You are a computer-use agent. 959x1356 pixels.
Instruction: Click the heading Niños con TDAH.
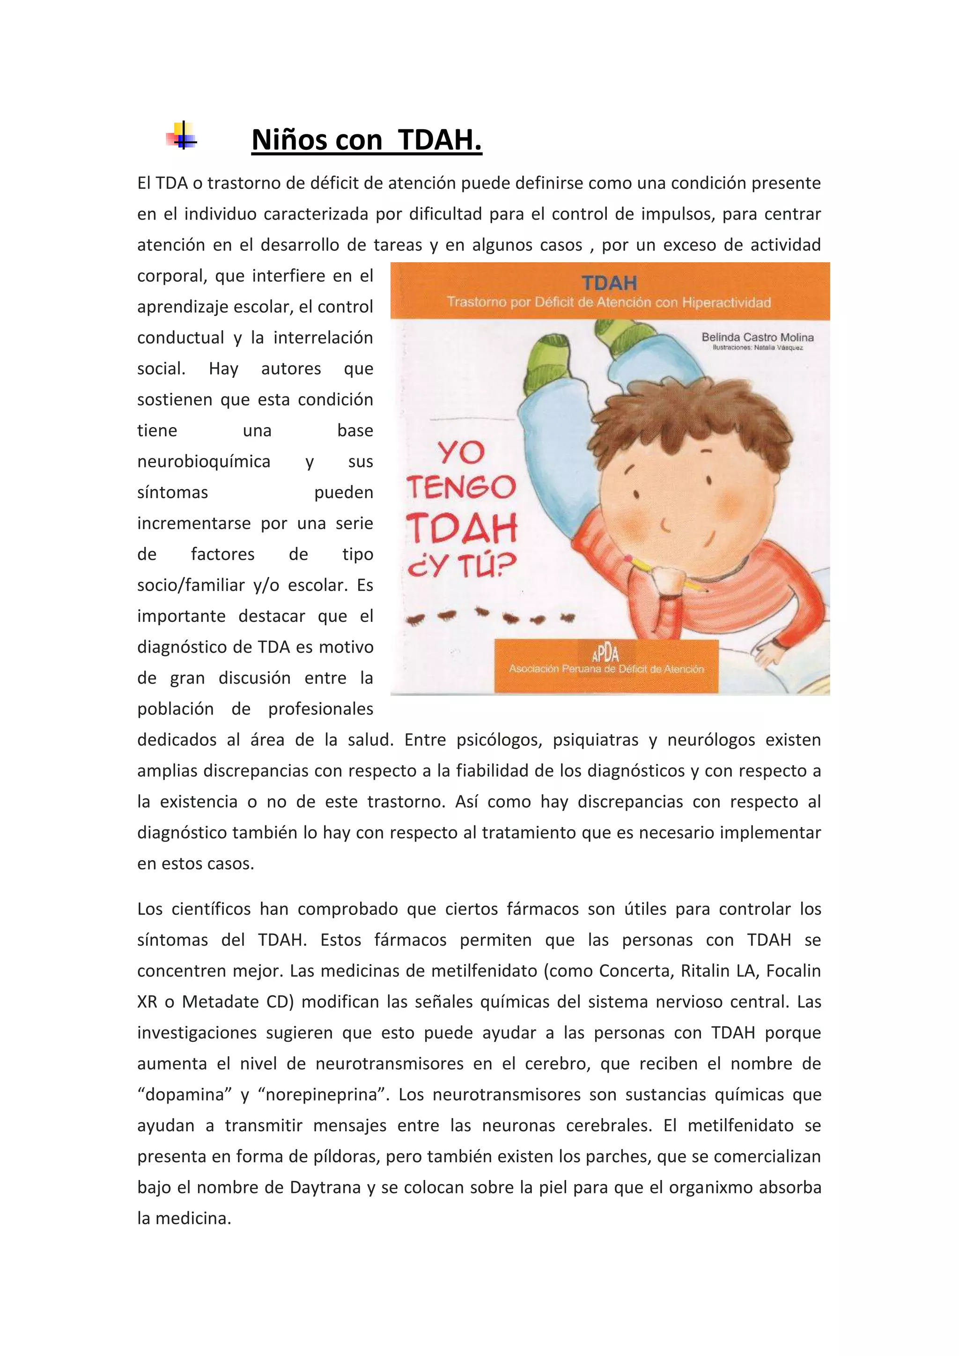[367, 140]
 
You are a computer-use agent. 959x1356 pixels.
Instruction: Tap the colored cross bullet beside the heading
[182, 136]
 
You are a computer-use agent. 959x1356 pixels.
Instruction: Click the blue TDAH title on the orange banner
[609, 283]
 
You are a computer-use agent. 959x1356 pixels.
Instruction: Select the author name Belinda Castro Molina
[757, 337]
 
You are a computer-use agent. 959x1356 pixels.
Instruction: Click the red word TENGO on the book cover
[461, 488]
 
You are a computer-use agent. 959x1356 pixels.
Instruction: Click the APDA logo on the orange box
[605, 654]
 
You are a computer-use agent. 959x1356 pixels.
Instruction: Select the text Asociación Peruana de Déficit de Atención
[606, 669]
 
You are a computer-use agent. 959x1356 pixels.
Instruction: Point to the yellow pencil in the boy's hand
[644, 567]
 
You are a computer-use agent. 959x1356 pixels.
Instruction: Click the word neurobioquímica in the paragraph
[204, 461]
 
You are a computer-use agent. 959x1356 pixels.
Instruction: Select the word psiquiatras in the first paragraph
[595, 740]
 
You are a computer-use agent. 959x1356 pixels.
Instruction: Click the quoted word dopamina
[184, 1095]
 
